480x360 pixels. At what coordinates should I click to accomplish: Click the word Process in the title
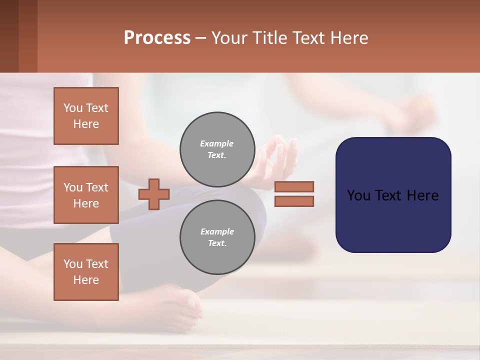point(157,38)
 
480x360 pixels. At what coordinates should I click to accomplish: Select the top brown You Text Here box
point(86,116)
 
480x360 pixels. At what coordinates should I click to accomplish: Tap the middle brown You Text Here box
point(86,195)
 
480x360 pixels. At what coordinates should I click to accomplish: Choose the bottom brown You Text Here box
point(86,272)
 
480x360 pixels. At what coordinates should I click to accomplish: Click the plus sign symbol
point(154,194)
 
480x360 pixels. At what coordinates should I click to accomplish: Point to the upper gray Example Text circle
point(217,149)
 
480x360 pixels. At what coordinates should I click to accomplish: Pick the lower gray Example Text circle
point(217,237)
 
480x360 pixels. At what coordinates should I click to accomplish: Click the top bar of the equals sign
point(294,187)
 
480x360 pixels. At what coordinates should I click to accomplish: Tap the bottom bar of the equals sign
point(294,201)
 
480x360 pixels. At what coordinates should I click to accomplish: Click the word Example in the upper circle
point(217,143)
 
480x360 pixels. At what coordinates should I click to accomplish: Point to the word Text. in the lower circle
point(217,243)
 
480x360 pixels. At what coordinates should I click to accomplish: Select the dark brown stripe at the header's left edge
point(9,36)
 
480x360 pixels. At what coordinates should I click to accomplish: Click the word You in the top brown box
point(73,108)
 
